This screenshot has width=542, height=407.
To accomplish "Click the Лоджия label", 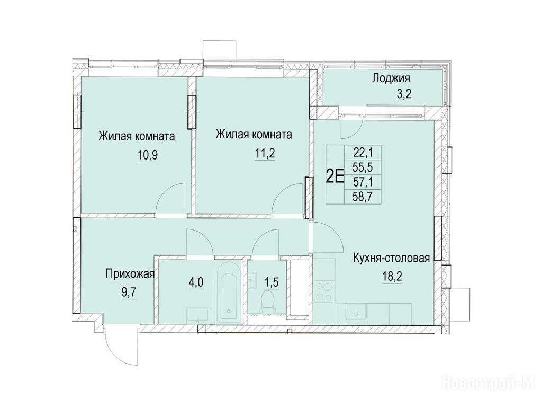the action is [391, 78].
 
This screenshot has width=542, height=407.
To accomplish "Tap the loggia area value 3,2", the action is [404, 94].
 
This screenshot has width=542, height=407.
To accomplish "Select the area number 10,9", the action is [148, 155].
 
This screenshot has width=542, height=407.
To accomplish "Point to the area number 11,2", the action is [265, 153].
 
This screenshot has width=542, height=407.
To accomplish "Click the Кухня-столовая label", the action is [391, 258].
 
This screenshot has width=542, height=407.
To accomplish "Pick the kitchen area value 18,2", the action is [392, 277].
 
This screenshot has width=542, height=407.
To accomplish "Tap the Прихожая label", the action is [130, 275].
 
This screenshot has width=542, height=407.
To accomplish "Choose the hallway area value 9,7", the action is [129, 293].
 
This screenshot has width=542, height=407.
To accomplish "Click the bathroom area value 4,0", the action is [196, 282].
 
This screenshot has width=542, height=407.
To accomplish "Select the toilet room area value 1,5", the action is [272, 282].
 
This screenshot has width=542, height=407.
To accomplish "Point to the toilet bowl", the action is [267, 300].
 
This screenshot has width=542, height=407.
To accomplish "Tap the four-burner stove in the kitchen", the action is [324, 292].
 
